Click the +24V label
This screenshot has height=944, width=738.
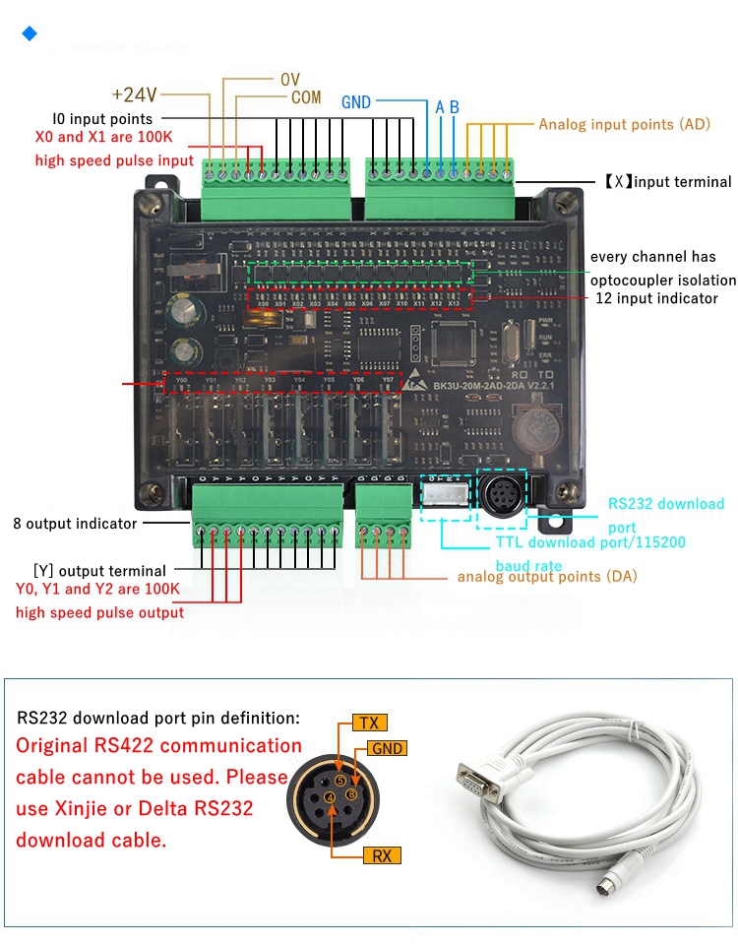pos(134,94)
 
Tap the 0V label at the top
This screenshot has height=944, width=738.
pos(289,79)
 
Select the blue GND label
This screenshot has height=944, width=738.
pos(356,102)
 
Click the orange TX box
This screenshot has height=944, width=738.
pos(369,724)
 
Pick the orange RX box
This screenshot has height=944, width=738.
pos(381,855)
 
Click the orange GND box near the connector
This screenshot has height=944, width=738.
pos(388,749)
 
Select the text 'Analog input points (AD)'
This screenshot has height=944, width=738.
pos(624,125)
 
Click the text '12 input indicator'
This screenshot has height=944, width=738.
pos(656,298)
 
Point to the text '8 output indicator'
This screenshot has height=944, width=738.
pos(75,524)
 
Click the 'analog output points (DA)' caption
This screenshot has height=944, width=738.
pos(546,576)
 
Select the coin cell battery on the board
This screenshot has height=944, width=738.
pos(534,429)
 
